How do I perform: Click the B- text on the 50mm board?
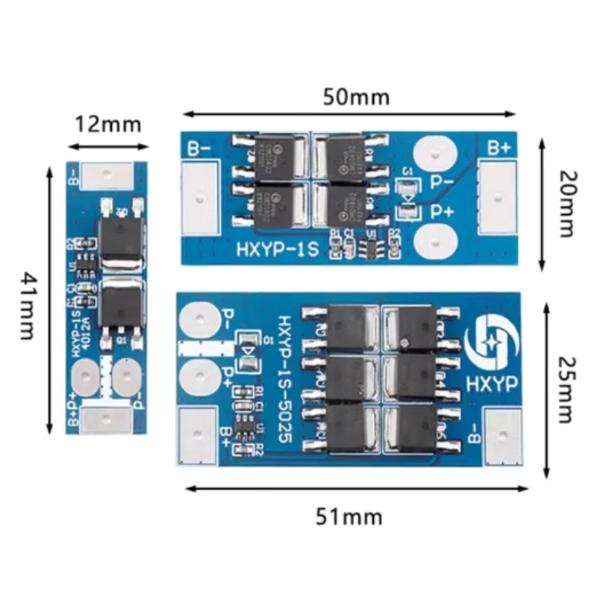pyautogui.click(x=198, y=148)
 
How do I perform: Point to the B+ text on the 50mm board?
pyautogui.click(x=498, y=148)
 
